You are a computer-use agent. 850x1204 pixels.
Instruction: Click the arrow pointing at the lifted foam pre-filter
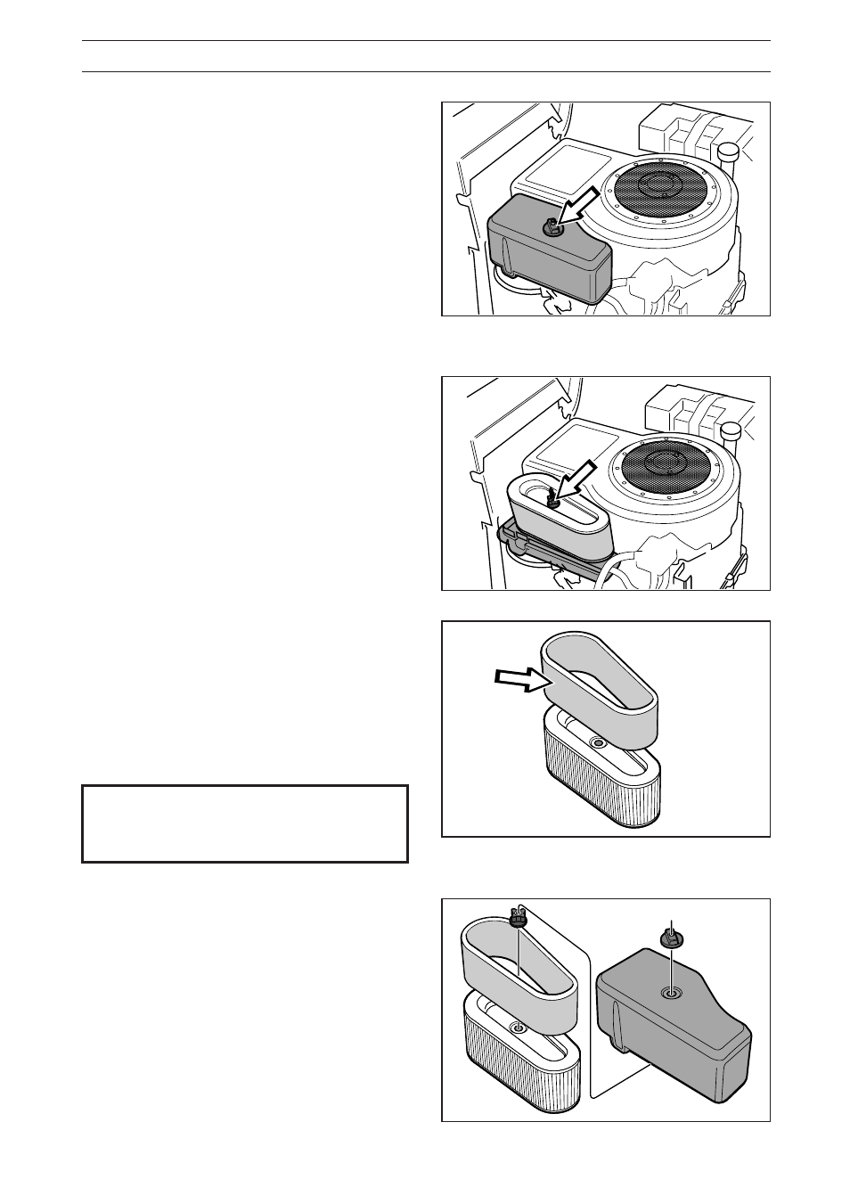(x=519, y=681)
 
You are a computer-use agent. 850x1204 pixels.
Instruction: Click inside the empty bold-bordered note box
(x=245, y=823)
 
